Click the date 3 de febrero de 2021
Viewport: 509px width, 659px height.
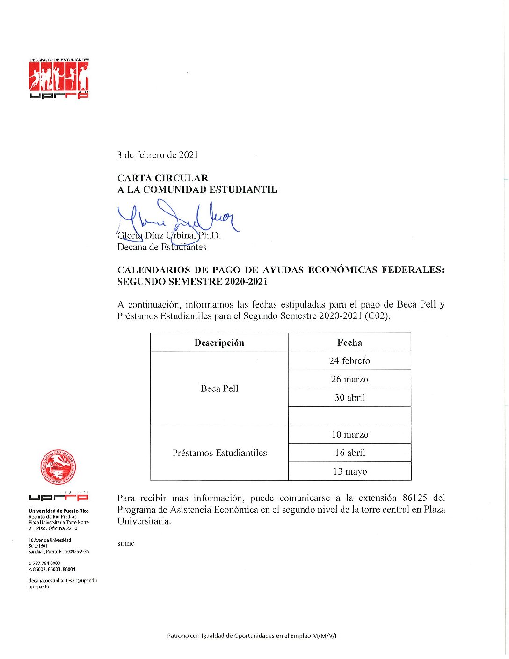(158, 154)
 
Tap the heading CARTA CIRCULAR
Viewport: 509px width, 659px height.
(162, 178)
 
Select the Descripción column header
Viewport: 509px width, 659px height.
(219, 343)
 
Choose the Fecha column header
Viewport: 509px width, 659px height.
(349, 343)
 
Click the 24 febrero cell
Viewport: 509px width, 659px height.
(349, 361)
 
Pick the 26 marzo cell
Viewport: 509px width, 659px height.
(349, 379)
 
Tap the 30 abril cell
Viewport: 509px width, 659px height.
(349, 398)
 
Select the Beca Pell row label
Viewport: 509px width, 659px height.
(219, 388)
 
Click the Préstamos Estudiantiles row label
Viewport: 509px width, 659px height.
(219, 453)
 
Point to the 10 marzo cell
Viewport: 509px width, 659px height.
(349, 434)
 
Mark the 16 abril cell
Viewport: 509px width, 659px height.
(349, 453)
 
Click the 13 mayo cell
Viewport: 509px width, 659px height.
(349, 471)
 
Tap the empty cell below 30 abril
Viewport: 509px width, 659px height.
(349, 416)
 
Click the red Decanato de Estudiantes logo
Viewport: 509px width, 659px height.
(59, 79)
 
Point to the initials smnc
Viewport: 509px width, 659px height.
(126, 543)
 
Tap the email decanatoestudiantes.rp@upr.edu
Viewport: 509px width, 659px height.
(63, 580)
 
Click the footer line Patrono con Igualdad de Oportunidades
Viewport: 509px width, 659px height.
(252, 636)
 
